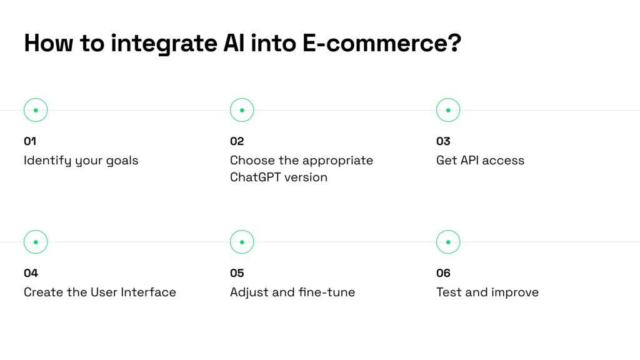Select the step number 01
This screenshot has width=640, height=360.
pos(30,141)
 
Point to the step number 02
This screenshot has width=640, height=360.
pos(237,141)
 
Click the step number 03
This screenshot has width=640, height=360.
pos(443,141)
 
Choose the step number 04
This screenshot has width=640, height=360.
pos(31,273)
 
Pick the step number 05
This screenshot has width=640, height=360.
pos(237,273)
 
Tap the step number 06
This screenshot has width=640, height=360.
pos(443,273)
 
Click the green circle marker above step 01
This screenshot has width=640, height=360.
pos(36,110)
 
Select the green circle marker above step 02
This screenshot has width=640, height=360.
pos(242,110)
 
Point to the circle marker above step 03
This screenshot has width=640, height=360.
pos(448,110)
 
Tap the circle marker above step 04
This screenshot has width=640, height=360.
pos(36,242)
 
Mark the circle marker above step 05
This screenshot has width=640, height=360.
pos(242,242)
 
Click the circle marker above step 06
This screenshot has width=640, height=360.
pos(448,242)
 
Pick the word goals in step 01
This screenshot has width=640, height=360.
pos(122,161)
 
